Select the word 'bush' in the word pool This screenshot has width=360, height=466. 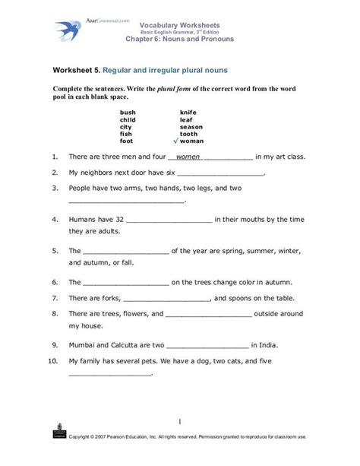[128, 112]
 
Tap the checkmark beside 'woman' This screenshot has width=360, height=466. [175, 141]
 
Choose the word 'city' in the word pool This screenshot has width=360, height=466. [126, 126]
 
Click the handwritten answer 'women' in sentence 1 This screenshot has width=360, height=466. [188, 157]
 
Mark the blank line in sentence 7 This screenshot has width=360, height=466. [165, 299]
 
